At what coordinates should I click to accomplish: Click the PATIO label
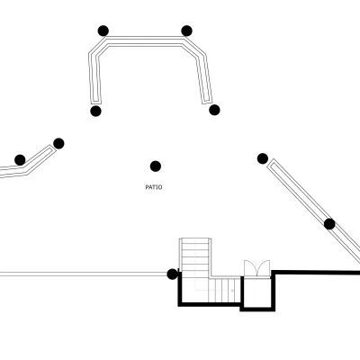[x=154, y=187]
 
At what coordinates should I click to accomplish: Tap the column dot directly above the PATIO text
[x=156, y=166]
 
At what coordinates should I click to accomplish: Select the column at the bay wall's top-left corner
[x=103, y=31]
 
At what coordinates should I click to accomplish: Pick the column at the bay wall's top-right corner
[x=186, y=31]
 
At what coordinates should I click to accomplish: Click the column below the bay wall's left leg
[x=95, y=111]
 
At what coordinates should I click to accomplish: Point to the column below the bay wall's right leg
[x=214, y=110]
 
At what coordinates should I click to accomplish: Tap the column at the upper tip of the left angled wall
[x=58, y=143]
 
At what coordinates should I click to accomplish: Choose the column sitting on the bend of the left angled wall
[x=20, y=160]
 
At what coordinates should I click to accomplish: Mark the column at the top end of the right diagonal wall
[x=263, y=158]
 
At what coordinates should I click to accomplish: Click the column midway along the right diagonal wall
[x=329, y=224]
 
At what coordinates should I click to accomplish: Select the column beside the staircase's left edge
[x=172, y=274]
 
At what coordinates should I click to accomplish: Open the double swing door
[x=257, y=268]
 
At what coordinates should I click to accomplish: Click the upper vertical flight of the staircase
[x=195, y=258]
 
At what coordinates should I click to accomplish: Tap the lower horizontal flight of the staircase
[x=225, y=291]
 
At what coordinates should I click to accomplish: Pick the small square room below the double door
[x=256, y=292]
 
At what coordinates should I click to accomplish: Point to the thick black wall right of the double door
[x=316, y=273]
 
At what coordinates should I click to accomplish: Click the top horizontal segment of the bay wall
[x=145, y=41]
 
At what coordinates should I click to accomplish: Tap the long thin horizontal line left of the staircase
[x=84, y=274]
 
